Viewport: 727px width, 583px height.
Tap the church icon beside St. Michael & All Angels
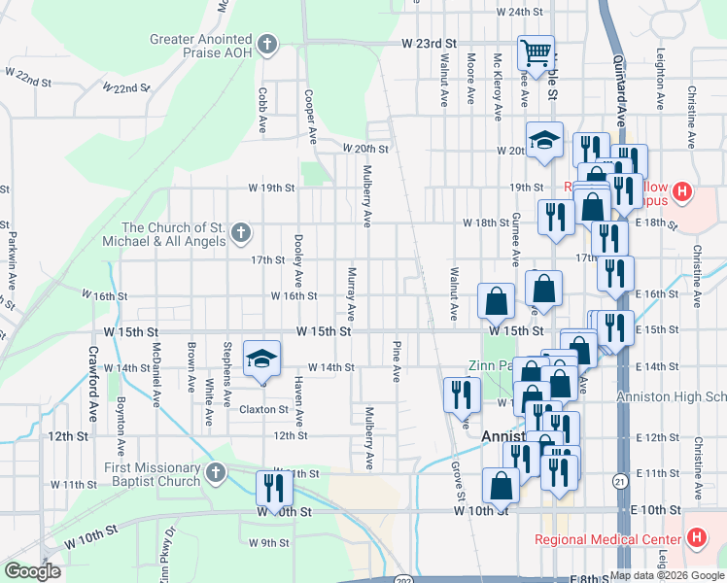pyautogui.click(x=242, y=233)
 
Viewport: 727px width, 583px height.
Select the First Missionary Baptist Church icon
pyautogui.click(x=216, y=474)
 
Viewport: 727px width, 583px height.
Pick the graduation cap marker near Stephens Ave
pyautogui.click(x=260, y=359)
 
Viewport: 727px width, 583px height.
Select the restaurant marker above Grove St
pyautogui.click(x=461, y=394)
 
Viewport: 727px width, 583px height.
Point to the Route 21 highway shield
pyautogui.click(x=619, y=480)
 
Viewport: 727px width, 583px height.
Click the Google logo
pyautogui.click(x=32, y=571)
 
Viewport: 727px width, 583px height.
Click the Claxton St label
pyautogui.click(x=262, y=410)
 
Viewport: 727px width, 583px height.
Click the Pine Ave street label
pyautogui.click(x=397, y=360)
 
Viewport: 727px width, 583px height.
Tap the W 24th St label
pyautogui.click(x=518, y=12)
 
